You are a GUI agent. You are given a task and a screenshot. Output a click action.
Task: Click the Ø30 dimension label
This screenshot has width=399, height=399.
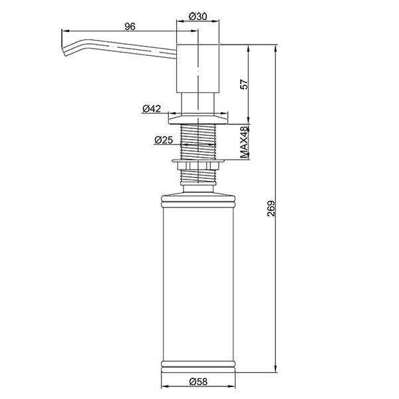click(198, 17)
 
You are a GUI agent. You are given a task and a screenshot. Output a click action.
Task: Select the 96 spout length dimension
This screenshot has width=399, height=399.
click(130, 27)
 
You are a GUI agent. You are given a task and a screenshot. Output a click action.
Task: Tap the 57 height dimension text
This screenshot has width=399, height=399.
click(244, 84)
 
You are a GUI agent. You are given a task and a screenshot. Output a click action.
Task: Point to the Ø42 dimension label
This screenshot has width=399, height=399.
click(152, 109)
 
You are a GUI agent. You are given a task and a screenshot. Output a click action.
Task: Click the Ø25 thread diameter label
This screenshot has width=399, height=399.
click(164, 140)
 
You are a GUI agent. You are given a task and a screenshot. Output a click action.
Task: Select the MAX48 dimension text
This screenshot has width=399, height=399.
click(244, 142)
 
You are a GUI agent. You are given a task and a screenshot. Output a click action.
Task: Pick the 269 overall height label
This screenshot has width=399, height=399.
click(271, 209)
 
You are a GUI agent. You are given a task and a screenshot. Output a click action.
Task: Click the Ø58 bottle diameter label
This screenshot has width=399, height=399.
click(198, 381)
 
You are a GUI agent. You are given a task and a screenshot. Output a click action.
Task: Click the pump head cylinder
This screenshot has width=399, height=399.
click(198, 68)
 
